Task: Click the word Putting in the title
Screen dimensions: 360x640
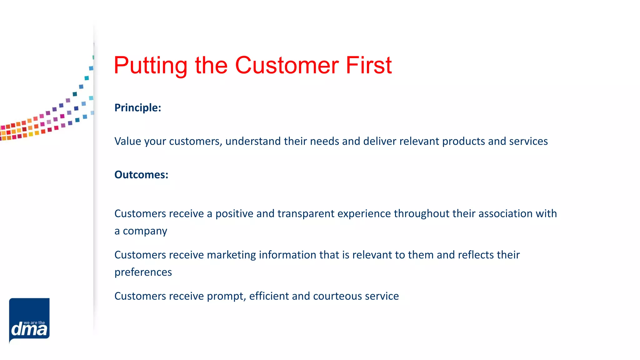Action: point(150,66)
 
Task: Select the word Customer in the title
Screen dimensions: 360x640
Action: point(287,66)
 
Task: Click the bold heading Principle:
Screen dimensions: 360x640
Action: point(137,108)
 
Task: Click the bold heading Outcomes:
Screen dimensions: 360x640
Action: point(141,175)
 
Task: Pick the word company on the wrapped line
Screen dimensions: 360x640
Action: point(145,232)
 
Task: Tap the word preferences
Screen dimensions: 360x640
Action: point(143,272)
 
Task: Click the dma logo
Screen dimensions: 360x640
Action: point(29,320)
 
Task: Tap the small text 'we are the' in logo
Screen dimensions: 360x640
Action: point(34,322)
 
